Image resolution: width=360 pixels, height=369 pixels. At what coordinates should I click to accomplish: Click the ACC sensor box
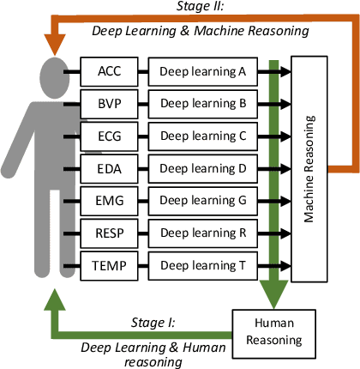(x=108, y=72)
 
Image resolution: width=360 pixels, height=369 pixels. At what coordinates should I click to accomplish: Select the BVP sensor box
(x=108, y=104)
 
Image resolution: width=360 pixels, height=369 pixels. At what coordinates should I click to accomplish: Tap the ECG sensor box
(x=108, y=136)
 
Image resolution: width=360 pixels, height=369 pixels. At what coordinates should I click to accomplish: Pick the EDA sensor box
(x=108, y=167)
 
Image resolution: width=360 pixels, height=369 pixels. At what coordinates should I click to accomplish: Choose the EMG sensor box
(x=108, y=200)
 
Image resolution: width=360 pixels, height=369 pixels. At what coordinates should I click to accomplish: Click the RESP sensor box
(x=108, y=232)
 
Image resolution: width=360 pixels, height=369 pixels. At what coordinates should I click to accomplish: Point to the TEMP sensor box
(x=108, y=264)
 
